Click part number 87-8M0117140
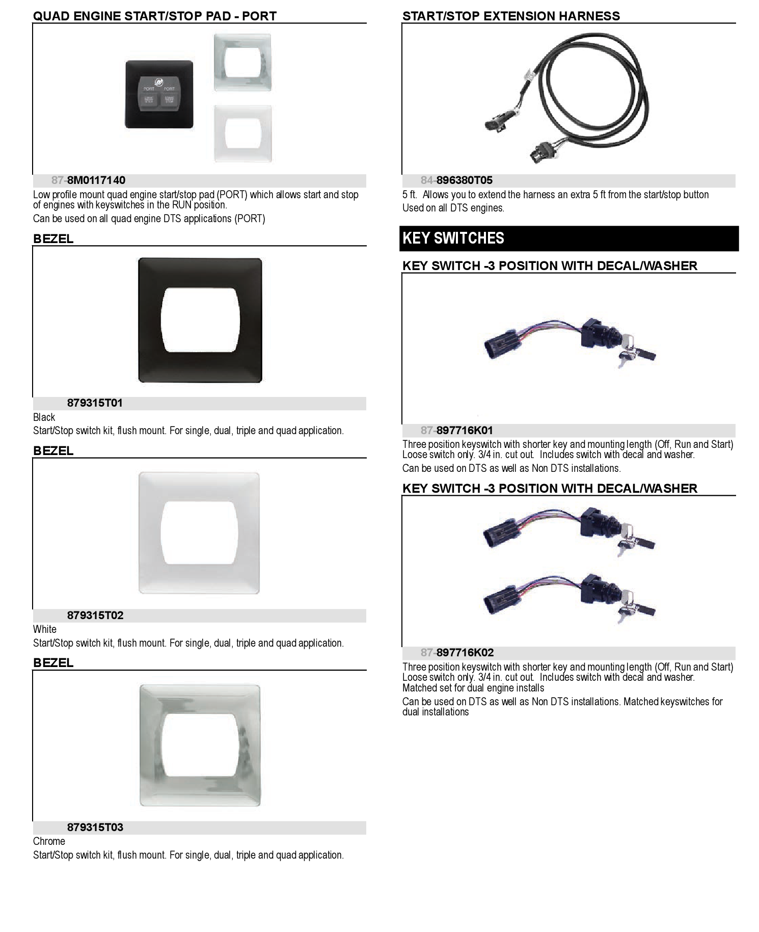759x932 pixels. pos(88,180)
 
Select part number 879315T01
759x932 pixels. pos(95,403)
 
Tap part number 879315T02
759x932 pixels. pos(95,616)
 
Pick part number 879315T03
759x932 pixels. pos(95,828)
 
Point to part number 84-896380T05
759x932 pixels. pos(456,180)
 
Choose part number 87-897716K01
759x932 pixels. pos(457,431)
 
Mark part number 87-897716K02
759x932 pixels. pos(457,653)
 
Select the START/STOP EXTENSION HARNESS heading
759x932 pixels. pos(511,16)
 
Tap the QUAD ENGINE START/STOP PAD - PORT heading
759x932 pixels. pos(154,16)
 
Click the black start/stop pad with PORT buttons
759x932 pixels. pos(159,94)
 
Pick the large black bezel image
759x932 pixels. pos(200,320)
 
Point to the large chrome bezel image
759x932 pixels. pos(200,745)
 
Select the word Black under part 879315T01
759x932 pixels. pos(44,417)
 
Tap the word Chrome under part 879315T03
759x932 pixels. pos(49,841)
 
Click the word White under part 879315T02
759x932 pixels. pos(45,629)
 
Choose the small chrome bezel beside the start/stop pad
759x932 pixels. pos(242,62)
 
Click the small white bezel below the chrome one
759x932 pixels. pos(242,134)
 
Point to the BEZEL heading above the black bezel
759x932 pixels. pos(53,239)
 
